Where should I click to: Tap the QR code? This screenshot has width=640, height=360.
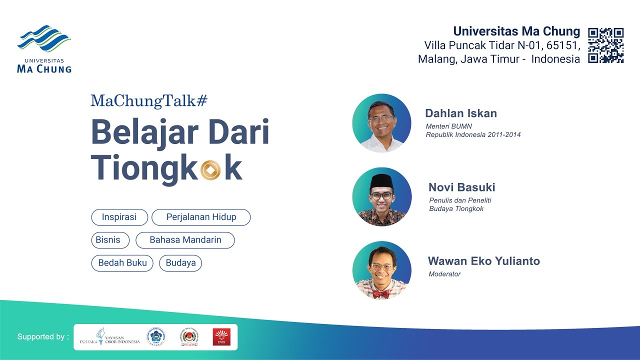pyautogui.click(x=605, y=45)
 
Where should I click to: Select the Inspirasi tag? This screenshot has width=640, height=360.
pyautogui.click(x=119, y=217)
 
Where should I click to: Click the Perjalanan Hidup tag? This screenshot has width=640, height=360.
pyautogui.click(x=201, y=217)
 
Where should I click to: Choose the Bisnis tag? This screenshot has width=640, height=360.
pyautogui.click(x=108, y=240)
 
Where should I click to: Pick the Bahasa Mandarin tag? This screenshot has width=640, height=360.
pyautogui.click(x=185, y=240)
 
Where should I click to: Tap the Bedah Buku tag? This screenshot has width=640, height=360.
pyautogui.click(x=122, y=263)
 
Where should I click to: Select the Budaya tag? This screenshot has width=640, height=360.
pyautogui.click(x=180, y=263)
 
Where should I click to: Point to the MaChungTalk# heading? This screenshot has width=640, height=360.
pyautogui.click(x=148, y=100)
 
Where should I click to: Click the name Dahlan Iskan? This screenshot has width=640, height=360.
pyautogui.click(x=460, y=113)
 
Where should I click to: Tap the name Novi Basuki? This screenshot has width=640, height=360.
pyautogui.click(x=461, y=187)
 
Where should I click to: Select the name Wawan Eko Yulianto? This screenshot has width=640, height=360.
pyautogui.click(x=483, y=261)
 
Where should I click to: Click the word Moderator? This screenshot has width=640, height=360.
pyautogui.click(x=444, y=274)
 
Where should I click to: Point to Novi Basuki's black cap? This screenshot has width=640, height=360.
pyautogui.click(x=382, y=182)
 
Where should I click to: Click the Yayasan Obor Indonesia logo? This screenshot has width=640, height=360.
pyautogui.click(x=110, y=337)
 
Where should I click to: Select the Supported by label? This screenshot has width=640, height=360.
pyautogui.click(x=43, y=337)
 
